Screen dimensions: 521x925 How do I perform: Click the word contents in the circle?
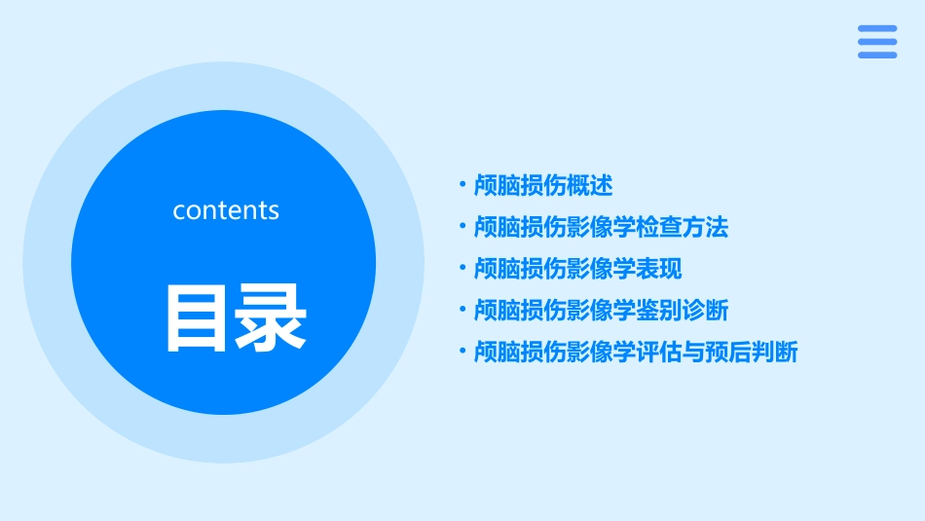(226, 210)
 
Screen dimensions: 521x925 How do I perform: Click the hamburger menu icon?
(877, 42)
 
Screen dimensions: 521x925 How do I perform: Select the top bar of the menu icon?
(877, 29)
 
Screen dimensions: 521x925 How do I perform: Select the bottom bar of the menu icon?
(877, 55)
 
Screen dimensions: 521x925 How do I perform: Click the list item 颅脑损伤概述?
(542, 185)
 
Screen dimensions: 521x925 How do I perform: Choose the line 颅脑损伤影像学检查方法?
(601, 227)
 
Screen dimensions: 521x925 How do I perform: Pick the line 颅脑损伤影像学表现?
(577, 269)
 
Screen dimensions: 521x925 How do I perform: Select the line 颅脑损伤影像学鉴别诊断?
(601, 311)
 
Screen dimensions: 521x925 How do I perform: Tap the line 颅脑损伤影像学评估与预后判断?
(636, 353)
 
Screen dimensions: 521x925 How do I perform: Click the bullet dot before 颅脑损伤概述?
(462, 184)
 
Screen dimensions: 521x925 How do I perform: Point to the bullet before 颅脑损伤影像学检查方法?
(462, 226)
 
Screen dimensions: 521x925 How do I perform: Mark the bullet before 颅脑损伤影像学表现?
(462, 268)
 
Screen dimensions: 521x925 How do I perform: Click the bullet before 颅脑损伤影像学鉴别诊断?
(462, 310)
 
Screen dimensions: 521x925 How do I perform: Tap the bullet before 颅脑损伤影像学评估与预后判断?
(462, 352)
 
